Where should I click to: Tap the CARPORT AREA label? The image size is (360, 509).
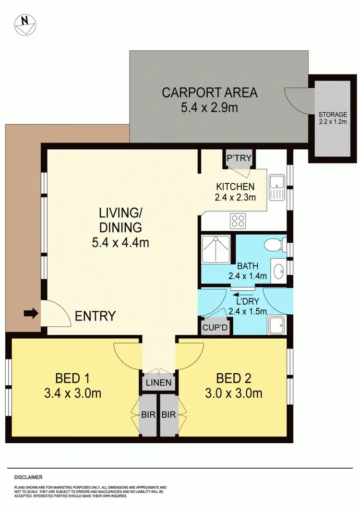(209, 92)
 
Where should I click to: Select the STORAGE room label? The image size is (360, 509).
(333, 115)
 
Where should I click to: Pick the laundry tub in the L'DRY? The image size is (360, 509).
(277, 325)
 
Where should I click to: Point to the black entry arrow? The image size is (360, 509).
(30, 314)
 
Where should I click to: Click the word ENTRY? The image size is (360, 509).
(96, 316)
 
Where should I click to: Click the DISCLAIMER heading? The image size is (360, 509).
(28, 477)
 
